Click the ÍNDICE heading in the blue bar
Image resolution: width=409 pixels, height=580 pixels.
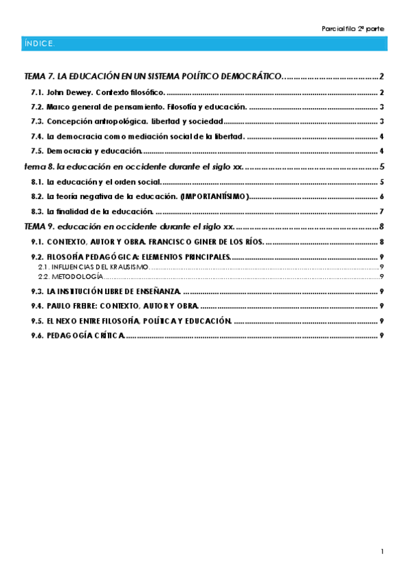coord(39,43)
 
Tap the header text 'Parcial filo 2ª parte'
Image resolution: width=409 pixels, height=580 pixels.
coord(352,28)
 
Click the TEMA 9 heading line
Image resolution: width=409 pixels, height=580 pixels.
coord(129,226)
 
